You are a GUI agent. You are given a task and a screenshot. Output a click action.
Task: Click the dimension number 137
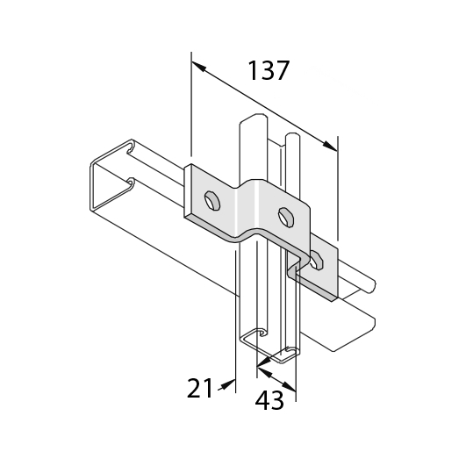tap(268, 71)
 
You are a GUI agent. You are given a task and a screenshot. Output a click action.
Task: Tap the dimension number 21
tap(200, 388)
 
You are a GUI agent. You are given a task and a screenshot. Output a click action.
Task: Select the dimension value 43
tap(269, 400)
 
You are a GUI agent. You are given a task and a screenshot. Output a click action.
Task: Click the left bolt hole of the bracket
tap(212, 201)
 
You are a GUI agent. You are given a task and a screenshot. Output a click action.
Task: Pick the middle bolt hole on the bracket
tap(286, 218)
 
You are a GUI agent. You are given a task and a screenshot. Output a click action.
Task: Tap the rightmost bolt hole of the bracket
tap(317, 261)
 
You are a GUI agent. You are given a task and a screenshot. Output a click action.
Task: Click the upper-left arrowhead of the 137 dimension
tap(198, 66)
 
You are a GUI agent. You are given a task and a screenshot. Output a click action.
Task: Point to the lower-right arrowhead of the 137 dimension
tap(330, 146)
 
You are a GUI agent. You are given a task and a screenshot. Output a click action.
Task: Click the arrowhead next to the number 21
tap(228, 384)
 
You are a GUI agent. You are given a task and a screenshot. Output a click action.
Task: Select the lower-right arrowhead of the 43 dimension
tap(289, 387)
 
